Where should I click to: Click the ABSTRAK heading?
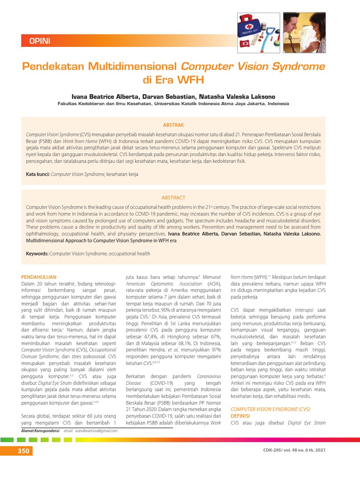tap(173, 125)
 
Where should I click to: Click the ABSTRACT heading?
tap(173, 197)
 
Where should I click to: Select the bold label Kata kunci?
tap(37, 174)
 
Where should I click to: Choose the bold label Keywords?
tap(37, 254)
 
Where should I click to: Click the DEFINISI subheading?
tap(241, 416)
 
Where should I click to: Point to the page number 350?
tap(23, 451)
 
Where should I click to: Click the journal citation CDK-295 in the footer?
tap(273, 451)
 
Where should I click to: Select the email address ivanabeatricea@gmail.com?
tap(90, 430)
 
